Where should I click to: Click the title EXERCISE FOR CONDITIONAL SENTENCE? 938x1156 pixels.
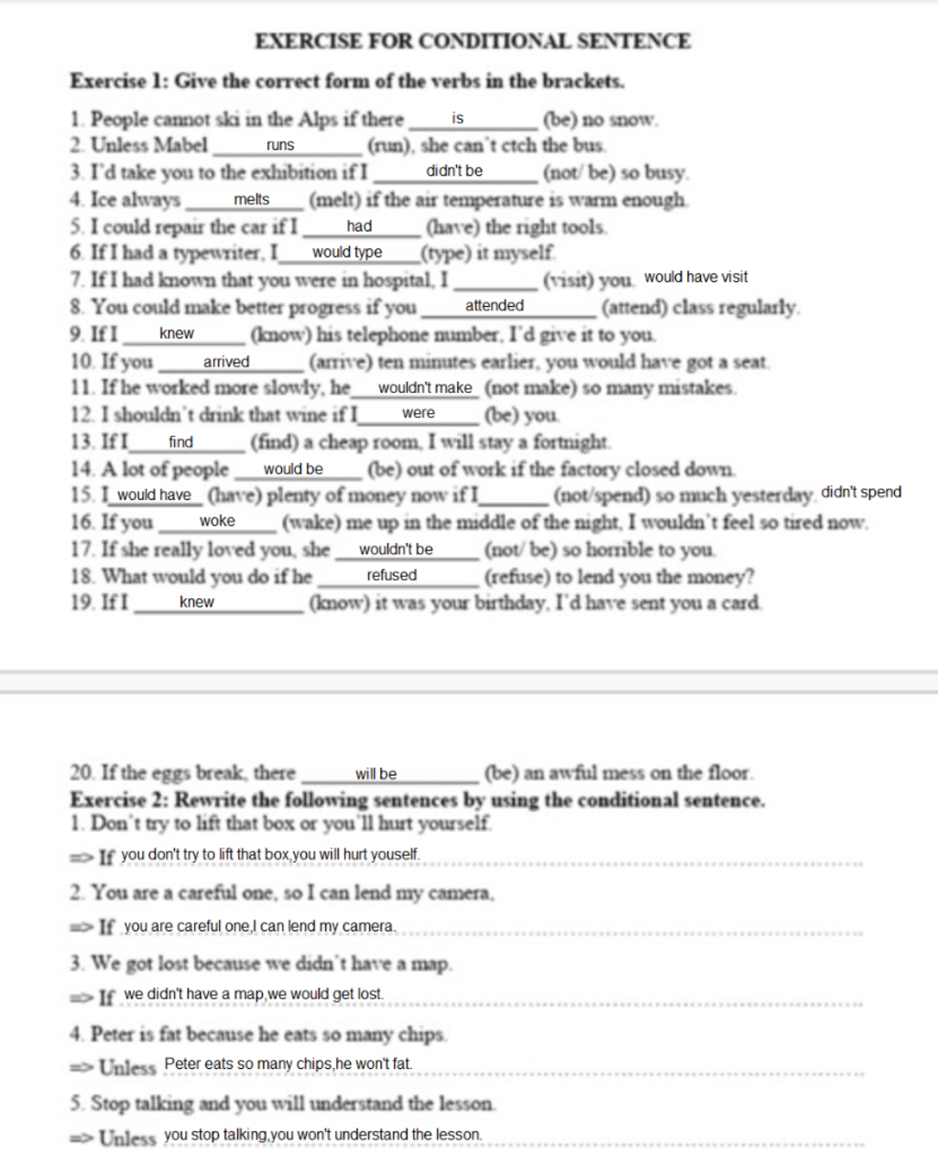tap(472, 41)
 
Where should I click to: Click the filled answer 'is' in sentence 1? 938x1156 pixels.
tap(458, 118)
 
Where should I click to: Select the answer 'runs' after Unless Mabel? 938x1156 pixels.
tap(280, 145)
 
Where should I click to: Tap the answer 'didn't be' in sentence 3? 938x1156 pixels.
tap(454, 171)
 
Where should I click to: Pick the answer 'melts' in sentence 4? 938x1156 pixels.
tap(252, 200)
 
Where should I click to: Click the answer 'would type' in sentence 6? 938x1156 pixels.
tap(347, 252)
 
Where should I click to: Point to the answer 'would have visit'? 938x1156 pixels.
tap(696, 277)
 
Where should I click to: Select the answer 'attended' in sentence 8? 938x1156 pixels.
tap(495, 306)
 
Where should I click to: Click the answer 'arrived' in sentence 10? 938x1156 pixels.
tap(226, 362)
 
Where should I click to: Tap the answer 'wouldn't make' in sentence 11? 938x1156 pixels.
tap(425, 387)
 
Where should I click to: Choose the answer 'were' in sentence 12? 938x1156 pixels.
tap(419, 413)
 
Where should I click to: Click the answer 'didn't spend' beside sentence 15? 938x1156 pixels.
tap(861, 492)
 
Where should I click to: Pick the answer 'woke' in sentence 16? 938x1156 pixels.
tap(217, 521)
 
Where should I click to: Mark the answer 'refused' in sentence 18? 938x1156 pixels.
tap(392, 575)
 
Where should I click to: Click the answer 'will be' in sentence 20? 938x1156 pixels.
tap(376, 774)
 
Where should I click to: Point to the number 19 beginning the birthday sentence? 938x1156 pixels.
tap(82, 603)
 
